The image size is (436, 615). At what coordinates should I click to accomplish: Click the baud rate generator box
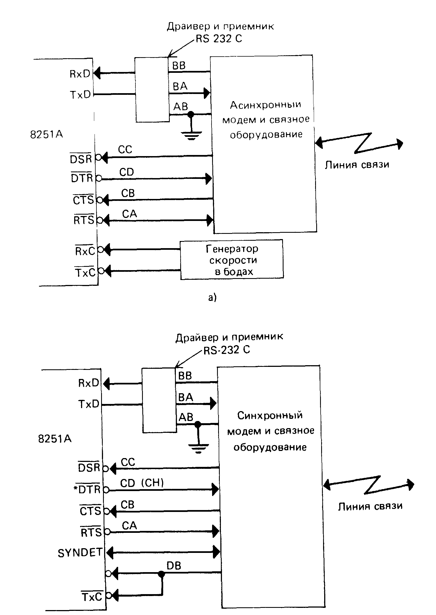(x=231, y=260)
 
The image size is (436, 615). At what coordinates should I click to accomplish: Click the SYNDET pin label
(x=80, y=553)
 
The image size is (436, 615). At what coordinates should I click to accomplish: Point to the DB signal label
(x=174, y=566)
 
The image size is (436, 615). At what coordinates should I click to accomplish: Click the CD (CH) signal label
(x=142, y=483)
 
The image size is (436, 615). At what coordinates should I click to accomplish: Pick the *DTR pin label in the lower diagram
(x=87, y=489)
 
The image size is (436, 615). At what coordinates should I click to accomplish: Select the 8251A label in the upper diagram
(x=46, y=135)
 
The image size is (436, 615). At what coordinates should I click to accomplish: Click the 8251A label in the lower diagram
(x=55, y=439)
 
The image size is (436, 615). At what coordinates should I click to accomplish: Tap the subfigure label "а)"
(x=212, y=298)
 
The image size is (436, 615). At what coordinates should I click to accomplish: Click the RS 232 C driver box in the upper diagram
(x=152, y=90)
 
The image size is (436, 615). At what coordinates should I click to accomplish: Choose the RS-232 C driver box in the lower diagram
(x=159, y=400)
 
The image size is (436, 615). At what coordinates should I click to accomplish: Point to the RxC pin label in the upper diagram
(x=85, y=251)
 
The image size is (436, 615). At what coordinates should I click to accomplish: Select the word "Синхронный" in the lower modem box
(x=270, y=415)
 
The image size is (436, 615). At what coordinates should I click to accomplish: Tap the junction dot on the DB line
(x=162, y=574)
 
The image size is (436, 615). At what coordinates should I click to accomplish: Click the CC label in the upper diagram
(x=125, y=149)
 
